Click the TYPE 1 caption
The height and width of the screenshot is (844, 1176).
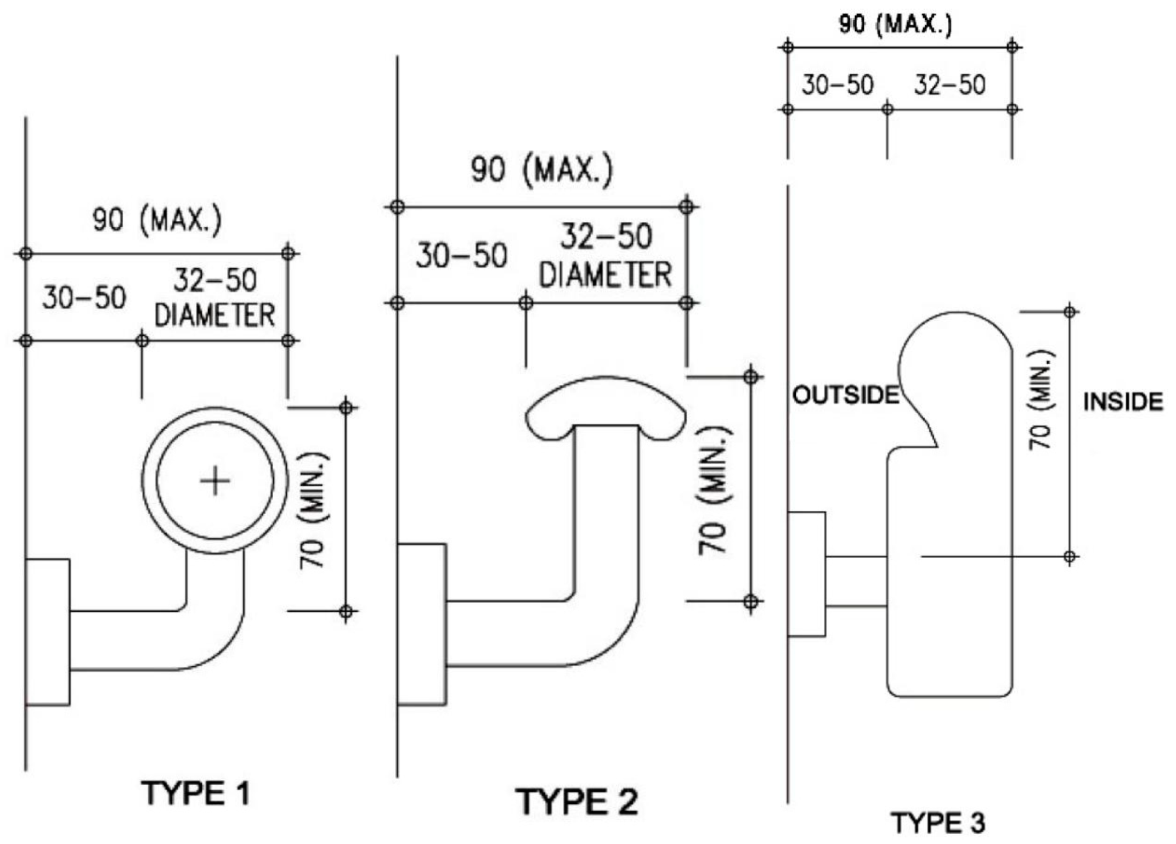196,793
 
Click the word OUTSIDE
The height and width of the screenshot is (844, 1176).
845,395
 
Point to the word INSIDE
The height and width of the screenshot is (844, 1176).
1123,402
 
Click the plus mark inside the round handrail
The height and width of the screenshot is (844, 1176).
215,481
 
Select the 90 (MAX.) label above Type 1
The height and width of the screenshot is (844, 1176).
157,221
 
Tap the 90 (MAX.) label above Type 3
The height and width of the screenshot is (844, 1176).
896,24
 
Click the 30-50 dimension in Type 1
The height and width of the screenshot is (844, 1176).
84,299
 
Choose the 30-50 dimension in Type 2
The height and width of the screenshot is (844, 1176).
461,256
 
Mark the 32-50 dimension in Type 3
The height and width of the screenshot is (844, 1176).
949,86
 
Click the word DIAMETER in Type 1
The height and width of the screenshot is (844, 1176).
214,316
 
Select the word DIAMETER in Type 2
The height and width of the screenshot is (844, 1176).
605,275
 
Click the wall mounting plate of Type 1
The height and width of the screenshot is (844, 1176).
48,632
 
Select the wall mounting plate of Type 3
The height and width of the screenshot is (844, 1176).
806,574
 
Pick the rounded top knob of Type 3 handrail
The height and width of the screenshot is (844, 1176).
954,351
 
